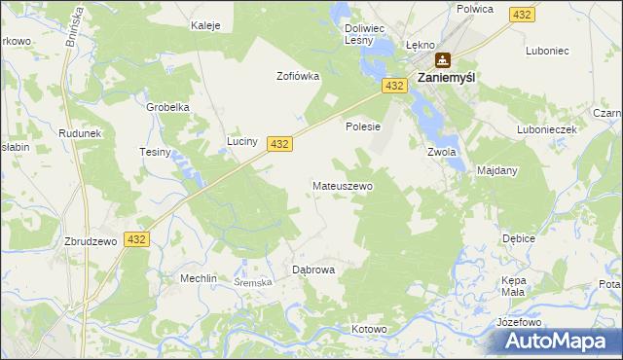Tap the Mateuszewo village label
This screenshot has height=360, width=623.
pyautogui.click(x=342, y=185)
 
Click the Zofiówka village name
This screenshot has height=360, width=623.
pyautogui.click(x=298, y=76)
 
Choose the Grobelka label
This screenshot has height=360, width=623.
pyautogui.click(x=166, y=107)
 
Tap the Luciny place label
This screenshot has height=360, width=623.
pyautogui.click(x=241, y=141)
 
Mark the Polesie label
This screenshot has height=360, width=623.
pyautogui.click(x=362, y=126)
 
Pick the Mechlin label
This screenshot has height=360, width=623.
pyautogui.click(x=198, y=277)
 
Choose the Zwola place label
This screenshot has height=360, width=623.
pyautogui.click(x=442, y=152)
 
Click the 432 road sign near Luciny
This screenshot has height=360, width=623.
pyautogui.click(x=279, y=143)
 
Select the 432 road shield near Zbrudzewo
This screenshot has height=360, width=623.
pyautogui.click(x=136, y=238)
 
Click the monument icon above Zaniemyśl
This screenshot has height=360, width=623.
pyautogui.click(x=443, y=59)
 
